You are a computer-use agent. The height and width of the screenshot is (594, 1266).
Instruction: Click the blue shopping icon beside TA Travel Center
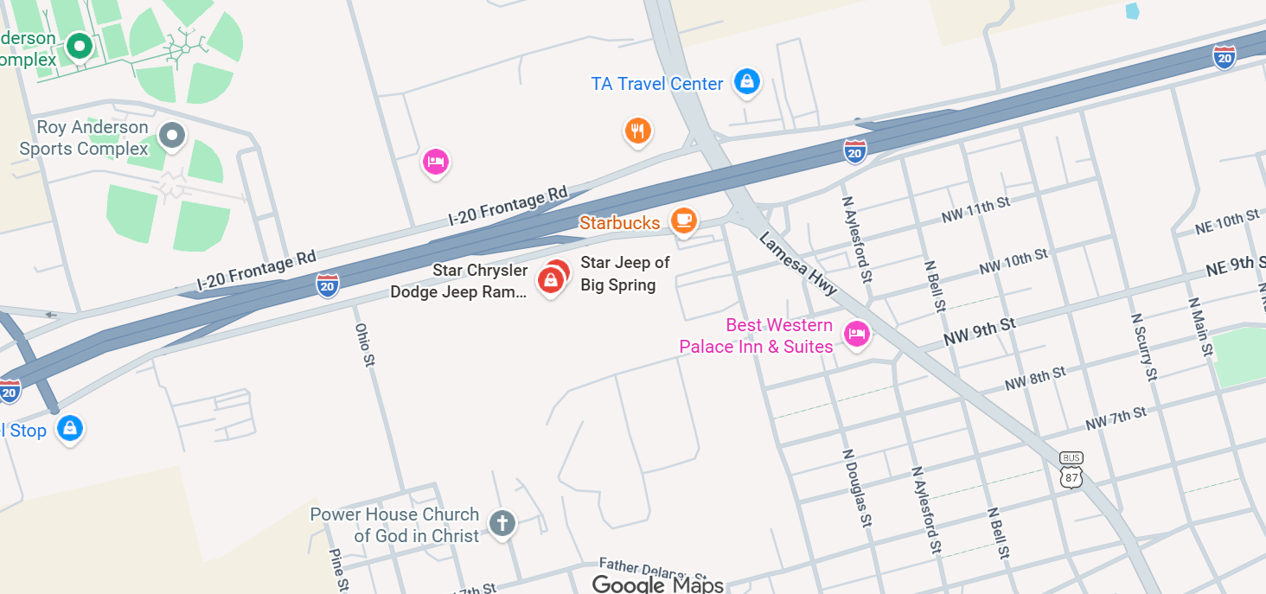tap(746, 82)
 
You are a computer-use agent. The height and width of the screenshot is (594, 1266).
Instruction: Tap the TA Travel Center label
tap(657, 84)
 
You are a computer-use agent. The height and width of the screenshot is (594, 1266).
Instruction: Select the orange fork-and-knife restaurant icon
tap(637, 131)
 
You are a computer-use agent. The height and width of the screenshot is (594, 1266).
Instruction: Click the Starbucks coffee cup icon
tap(684, 220)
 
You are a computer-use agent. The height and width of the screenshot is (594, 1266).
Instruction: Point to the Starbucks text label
tap(619, 223)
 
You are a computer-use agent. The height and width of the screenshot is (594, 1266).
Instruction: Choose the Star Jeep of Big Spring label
tap(624, 274)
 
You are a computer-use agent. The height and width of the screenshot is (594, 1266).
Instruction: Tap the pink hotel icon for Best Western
tap(856, 333)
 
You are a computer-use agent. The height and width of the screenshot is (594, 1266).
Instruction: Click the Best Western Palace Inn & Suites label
tap(757, 336)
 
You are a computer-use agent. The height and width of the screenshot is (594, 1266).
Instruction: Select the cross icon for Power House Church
tap(502, 522)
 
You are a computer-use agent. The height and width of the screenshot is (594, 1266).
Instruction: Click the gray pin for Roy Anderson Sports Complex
tap(173, 135)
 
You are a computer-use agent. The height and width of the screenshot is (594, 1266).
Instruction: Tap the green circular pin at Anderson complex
tap(80, 45)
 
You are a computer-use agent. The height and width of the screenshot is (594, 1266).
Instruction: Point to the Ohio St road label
tap(364, 345)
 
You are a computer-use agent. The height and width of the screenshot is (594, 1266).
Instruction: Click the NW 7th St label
tap(1116, 419)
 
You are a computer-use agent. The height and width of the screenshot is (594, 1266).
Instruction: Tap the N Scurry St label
tap(1143, 346)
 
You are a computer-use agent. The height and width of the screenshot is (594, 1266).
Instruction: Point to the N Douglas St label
tap(857, 489)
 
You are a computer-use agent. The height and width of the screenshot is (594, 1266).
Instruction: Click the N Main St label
tap(1200, 328)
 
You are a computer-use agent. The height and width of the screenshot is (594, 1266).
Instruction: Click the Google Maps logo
tap(657, 584)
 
